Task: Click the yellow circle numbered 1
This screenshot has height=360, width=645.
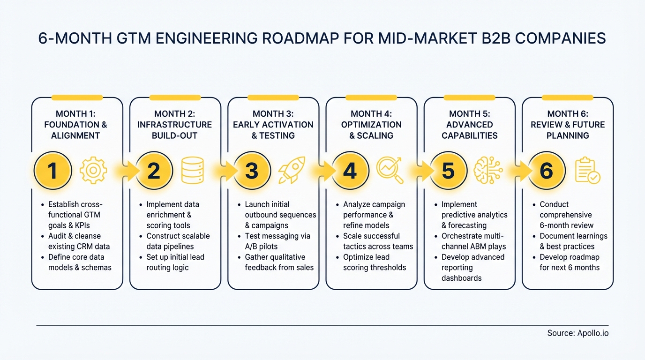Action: pos(52,171)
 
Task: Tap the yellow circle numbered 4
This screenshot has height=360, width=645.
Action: pos(350,171)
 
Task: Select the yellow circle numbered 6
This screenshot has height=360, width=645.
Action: pos(546,171)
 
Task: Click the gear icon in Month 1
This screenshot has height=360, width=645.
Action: pos(93,170)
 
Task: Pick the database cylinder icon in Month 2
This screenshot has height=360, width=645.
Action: pos(192,170)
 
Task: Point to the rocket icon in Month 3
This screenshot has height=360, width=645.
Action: pos(292,170)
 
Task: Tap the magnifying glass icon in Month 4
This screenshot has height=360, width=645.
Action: pos(390,170)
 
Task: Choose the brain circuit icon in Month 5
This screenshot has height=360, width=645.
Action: pos(488,170)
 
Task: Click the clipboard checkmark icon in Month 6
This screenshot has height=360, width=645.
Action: pos(587,171)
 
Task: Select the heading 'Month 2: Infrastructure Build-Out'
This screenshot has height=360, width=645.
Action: pos(175,125)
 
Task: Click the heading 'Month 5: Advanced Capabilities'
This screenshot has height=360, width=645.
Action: pos(469,125)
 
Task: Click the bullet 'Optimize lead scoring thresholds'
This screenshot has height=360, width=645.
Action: pos(374,262)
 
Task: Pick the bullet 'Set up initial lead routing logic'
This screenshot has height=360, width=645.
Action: pos(175,262)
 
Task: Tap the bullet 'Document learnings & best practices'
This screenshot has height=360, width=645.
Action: pos(573,241)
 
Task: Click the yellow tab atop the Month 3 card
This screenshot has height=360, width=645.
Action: pos(273,97)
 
